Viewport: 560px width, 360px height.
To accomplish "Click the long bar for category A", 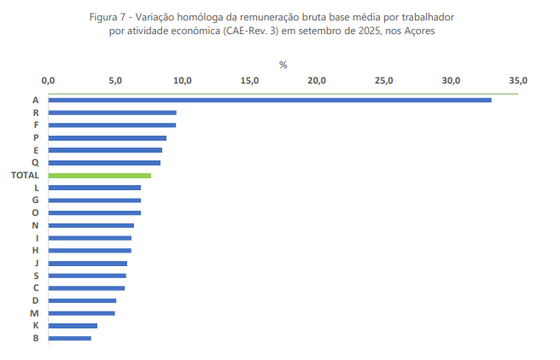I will (269, 100).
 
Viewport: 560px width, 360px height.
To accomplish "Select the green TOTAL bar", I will (99, 175).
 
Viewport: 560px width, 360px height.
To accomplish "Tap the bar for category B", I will (69, 338).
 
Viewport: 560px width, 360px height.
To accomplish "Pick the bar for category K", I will (73, 326).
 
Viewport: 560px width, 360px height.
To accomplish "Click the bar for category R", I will (112, 113).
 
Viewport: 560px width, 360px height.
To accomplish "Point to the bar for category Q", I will (104, 162).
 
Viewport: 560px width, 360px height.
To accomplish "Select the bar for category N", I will (90, 225).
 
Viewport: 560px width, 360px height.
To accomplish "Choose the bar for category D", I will (82, 300).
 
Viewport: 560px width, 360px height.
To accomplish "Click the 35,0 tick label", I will (518, 80).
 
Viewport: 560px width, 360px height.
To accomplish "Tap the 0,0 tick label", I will (48, 80).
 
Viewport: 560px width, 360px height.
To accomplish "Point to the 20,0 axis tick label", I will (317, 80).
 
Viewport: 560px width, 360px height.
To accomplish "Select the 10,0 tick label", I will (182, 80).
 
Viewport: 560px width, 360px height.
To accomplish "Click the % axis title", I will (283, 65).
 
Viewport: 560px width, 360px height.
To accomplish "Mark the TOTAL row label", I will (25, 175).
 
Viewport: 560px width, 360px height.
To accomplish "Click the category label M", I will (35, 313).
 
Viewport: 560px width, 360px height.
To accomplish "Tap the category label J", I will (36, 263).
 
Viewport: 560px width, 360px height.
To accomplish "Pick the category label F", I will (36, 125).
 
